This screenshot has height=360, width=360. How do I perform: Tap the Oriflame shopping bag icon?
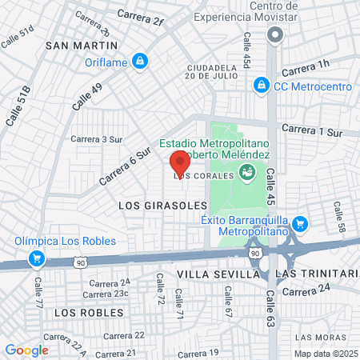(x=139, y=60)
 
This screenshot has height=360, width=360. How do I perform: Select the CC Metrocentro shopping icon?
(x=261, y=84)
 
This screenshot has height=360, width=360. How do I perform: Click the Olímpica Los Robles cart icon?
(x=36, y=258)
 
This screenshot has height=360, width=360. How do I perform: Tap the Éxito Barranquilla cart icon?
(x=300, y=223)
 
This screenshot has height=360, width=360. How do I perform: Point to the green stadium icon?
(x=247, y=170)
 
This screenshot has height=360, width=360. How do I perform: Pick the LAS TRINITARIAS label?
(x=316, y=274)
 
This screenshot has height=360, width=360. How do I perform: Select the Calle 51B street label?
(x=19, y=106)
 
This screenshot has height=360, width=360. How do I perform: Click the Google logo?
(x=27, y=350)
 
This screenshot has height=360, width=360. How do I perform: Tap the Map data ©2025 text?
(x=325, y=354)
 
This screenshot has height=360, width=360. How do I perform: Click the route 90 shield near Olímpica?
(x=80, y=262)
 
